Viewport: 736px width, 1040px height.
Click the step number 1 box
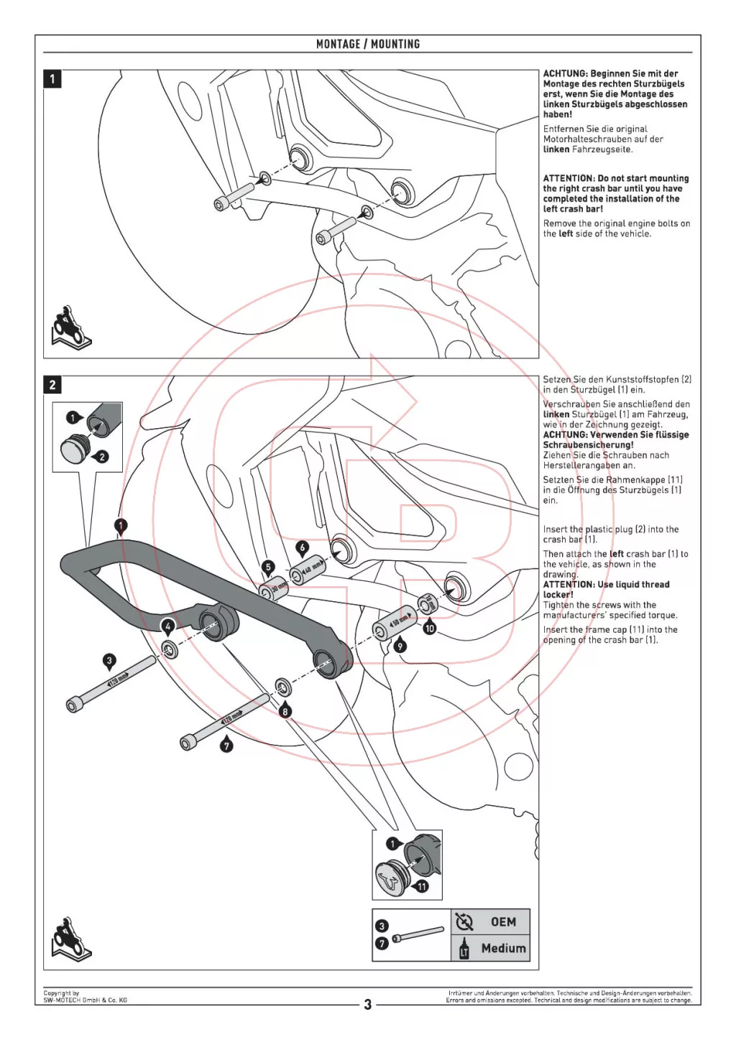pos(52,78)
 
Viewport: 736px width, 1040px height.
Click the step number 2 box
pos(52,385)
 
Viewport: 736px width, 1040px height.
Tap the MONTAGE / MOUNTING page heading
pos(367,44)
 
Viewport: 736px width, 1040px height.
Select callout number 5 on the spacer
pos(268,567)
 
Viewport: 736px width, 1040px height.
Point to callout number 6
pos(303,547)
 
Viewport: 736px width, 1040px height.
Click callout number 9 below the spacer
pos(400,646)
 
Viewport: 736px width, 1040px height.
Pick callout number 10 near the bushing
pos(430,628)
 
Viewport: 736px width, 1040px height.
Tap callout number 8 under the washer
pos(285,711)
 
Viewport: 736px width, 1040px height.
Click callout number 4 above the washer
pos(167,626)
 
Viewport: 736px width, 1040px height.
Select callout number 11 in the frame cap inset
pos(422,886)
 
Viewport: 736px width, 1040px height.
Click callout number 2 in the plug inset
pos(102,456)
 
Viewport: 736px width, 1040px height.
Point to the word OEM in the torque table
pos(503,922)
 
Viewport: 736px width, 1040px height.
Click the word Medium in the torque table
pos(503,948)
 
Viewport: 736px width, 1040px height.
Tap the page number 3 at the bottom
pos(367,1004)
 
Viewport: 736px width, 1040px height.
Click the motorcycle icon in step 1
pos(70,328)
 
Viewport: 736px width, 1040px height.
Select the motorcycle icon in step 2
pos(70,939)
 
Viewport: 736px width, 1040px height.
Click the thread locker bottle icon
pos(464,948)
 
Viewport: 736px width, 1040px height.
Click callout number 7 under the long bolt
pos(226,746)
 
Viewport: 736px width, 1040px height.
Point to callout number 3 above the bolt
pos(109,660)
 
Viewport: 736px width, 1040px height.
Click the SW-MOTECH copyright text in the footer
pos(85,997)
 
